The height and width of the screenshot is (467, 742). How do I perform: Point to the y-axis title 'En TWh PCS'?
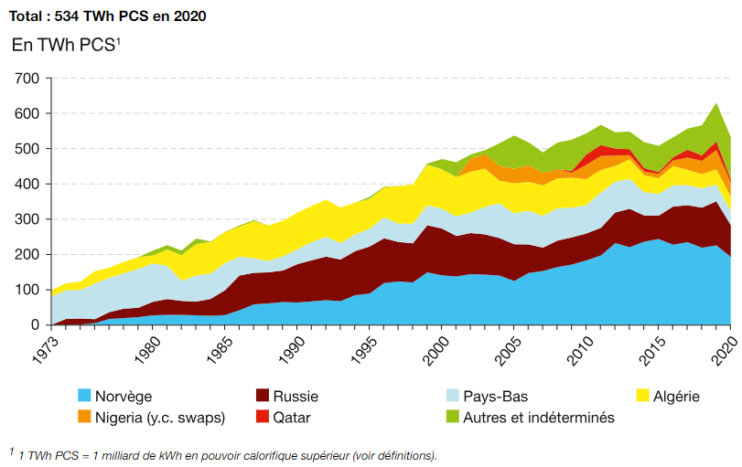pos(66,45)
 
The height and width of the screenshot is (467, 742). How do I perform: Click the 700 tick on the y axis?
pos(27,79)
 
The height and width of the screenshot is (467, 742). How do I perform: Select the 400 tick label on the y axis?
pos(27,185)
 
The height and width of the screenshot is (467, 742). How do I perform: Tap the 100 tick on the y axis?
pos(27,290)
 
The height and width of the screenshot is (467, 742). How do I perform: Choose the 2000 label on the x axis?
pos(435,345)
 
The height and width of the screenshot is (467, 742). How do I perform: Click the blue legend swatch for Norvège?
pos(84,396)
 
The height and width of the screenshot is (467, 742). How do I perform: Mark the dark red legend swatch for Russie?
pos(263,396)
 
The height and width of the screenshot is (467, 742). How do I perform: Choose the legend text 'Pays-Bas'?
pos(497,397)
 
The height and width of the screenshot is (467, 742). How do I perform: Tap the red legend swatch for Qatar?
pos(263,418)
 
